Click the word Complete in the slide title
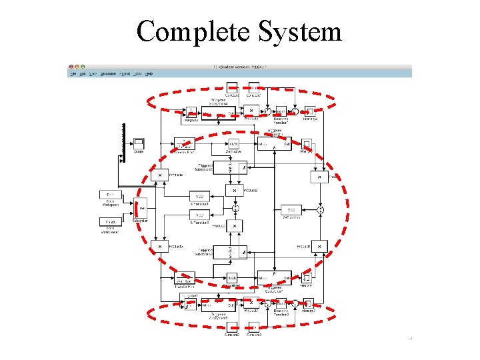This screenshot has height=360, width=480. click(187, 31)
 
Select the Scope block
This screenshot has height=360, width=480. click(139, 143)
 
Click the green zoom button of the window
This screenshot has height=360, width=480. click(83, 67)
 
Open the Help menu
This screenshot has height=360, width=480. click(149, 73)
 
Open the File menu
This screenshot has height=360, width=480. click(74, 73)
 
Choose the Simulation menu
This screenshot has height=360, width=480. click(108, 73)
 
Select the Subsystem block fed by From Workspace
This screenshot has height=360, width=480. click(141, 209)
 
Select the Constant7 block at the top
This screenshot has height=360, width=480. click(253, 87)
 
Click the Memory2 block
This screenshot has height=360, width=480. click(310, 111)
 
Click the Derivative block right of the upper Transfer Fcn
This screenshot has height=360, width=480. click(233, 144)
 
